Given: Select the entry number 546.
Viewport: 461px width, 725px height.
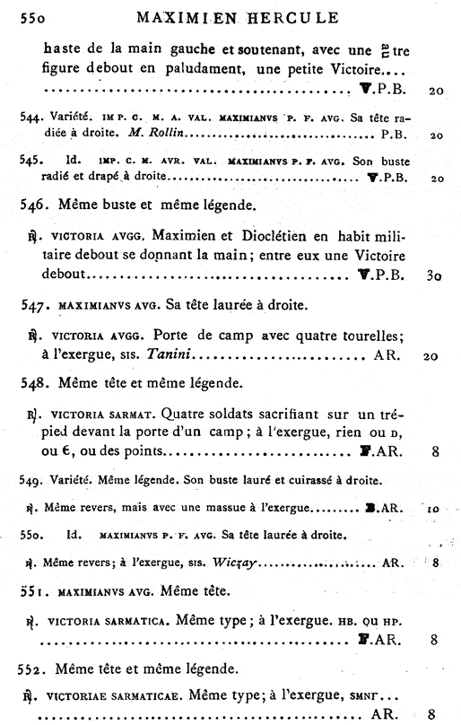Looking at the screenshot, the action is click(x=34, y=205).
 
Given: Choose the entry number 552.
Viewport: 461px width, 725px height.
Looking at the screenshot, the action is click(x=34, y=668).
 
